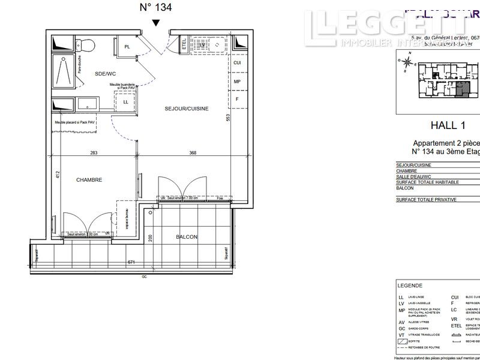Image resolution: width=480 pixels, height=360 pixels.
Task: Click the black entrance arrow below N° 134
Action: (x=156, y=23)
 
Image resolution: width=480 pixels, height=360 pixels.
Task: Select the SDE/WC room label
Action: (x=104, y=73)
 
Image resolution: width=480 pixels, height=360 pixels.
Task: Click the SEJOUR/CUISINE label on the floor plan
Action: (x=187, y=109)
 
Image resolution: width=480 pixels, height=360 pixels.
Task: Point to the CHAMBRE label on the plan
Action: (x=88, y=179)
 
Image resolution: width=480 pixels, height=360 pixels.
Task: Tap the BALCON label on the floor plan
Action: (x=187, y=237)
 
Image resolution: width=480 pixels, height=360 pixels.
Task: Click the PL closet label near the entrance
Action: (x=127, y=47)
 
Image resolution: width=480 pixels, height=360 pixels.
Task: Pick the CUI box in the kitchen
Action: (x=237, y=62)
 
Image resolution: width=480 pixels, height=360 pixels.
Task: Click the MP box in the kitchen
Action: (x=237, y=82)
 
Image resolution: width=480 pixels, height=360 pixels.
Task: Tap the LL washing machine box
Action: (x=125, y=102)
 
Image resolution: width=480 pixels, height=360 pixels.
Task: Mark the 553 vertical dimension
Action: (x=228, y=118)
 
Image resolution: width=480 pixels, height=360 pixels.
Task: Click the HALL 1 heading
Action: (x=448, y=125)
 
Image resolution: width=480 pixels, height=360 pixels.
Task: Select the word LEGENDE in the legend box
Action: (x=410, y=286)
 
